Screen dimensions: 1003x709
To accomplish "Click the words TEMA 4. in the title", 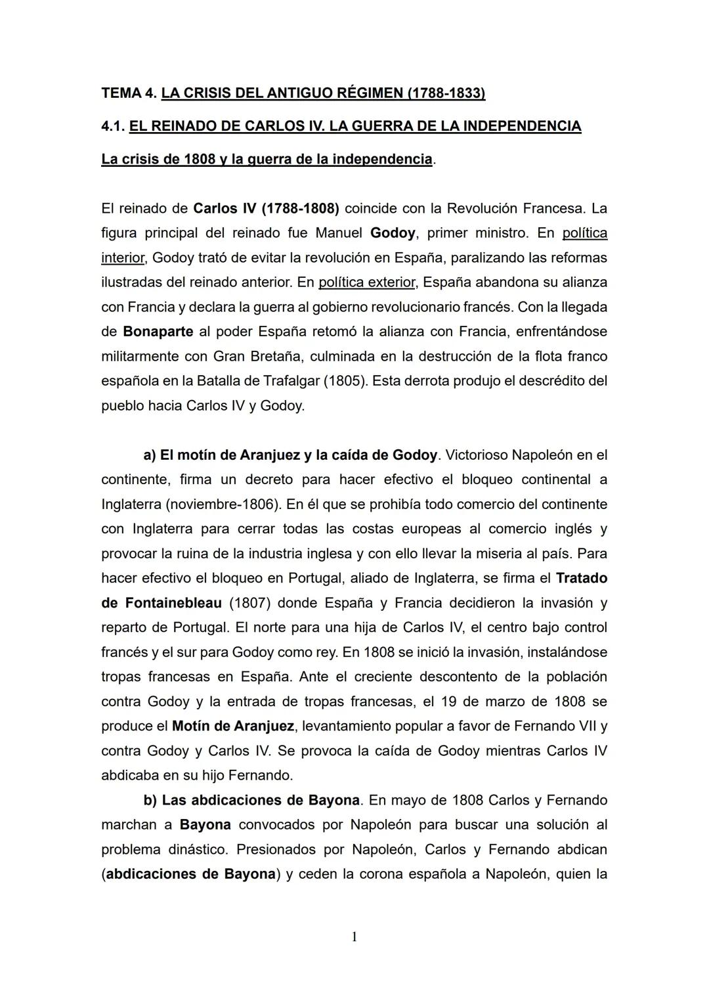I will point(129,93).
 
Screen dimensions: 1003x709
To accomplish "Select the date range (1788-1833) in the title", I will point(446,93).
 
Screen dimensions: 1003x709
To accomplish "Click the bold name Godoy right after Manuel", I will point(393,233).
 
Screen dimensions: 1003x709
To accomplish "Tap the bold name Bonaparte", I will point(158,332).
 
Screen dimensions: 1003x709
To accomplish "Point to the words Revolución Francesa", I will point(515,209).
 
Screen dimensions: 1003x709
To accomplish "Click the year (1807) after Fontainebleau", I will point(250,603).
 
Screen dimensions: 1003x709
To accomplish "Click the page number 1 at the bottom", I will point(354,937).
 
